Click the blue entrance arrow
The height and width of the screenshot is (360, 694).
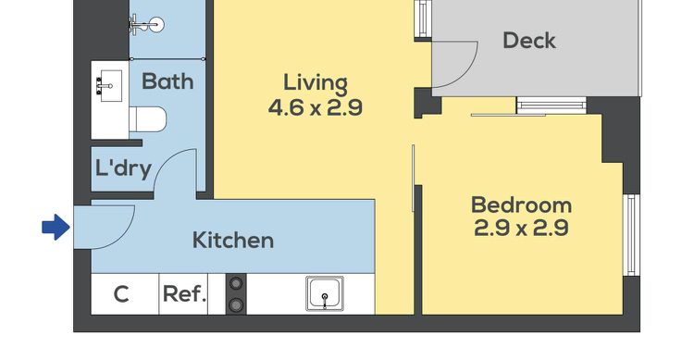[x=56, y=227]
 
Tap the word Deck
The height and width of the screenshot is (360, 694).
[x=529, y=41]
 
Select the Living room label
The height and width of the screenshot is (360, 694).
[x=316, y=83]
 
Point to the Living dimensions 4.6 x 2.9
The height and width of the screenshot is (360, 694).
[x=316, y=107]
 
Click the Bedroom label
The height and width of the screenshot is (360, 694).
[x=521, y=205]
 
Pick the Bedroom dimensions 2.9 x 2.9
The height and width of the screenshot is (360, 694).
[x=521, y=228]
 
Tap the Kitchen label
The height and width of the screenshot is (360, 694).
[x=233, y=240]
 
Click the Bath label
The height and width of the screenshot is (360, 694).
[x=167, y=81]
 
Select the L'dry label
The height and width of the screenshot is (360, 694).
[x=123, y=168]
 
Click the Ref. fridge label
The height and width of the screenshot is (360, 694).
[x=184, y=293]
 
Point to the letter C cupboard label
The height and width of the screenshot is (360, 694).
[x=121, y=294]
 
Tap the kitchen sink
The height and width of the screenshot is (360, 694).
[x=325, y=293]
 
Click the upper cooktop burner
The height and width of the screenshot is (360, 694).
[x=236, y=283]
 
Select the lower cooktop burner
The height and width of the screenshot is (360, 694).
[x=236, y=304]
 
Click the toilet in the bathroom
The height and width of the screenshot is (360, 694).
[x=148, y=119]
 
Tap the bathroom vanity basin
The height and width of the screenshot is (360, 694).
[x=109, y=85]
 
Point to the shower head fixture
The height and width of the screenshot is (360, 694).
[x=147, y=24]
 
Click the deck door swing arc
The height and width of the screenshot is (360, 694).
[x=467, y=71]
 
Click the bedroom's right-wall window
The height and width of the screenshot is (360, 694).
[x=632, y=235]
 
